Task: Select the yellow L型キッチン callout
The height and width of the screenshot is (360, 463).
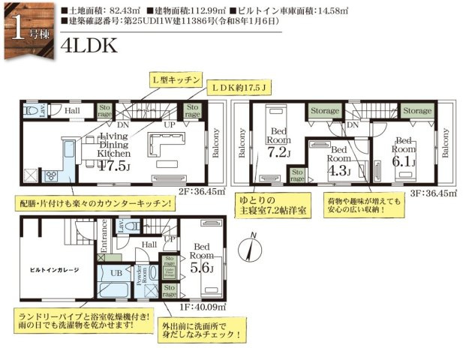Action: [175, 79]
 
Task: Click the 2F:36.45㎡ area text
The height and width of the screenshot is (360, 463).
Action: [202, 191]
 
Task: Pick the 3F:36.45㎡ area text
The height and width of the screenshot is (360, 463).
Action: [431, 191]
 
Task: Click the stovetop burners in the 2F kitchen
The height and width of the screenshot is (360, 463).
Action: [53, 176]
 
